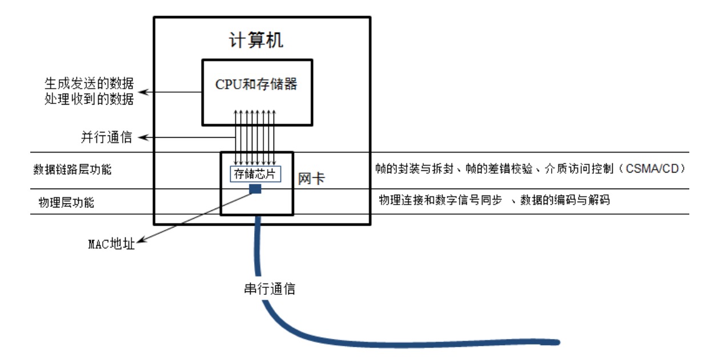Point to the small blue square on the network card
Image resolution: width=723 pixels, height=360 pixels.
[x=256, y=189]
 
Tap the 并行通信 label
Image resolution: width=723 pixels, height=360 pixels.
[x=106, y=138]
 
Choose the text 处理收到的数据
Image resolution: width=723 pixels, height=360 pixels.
[x=89, y=99]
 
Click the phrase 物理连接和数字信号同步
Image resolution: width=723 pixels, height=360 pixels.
[x=439, y=201]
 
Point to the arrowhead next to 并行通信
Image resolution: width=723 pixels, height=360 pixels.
[x=143, y=138]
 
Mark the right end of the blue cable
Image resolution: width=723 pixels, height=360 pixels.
[x=557, y=343]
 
